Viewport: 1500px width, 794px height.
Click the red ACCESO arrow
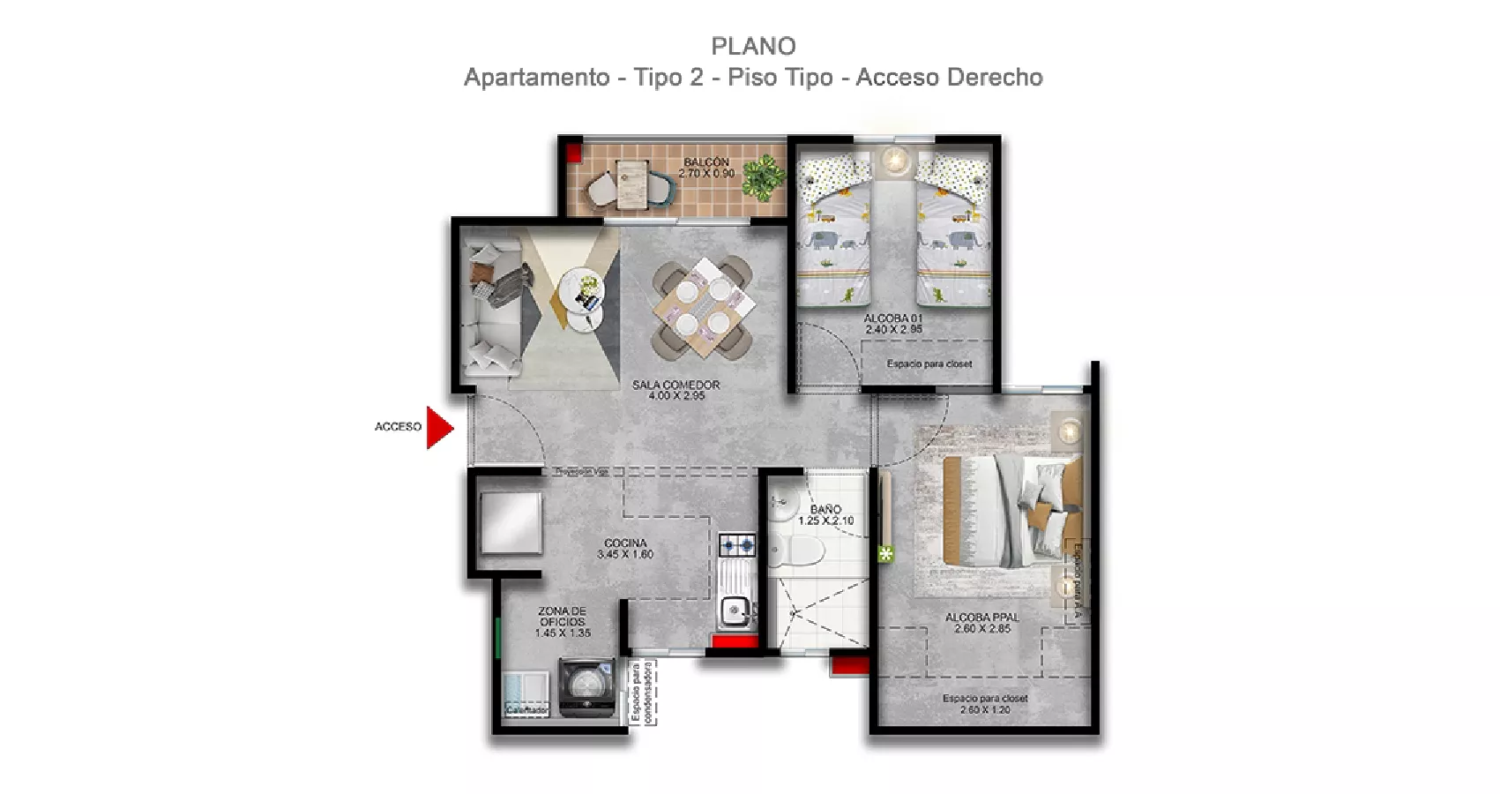[438, 428]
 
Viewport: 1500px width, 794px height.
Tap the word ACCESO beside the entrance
[398, 427]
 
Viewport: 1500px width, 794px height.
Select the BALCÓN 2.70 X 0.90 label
[706, 168]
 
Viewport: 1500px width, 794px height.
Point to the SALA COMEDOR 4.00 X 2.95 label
[676, 391]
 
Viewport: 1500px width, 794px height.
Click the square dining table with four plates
[703, 307]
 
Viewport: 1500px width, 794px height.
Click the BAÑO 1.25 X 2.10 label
[825, 515]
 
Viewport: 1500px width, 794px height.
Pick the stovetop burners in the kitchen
[736, 545]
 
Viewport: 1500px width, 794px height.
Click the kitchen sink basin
[735, 609]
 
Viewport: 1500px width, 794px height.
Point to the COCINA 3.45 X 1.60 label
[625, 549]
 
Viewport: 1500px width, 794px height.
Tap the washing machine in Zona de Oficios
[586, 688]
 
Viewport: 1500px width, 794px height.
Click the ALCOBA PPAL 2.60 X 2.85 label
[981, 623]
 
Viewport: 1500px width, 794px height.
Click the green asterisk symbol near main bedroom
[885, 554]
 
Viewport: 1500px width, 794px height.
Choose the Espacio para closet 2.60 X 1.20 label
[984, 703]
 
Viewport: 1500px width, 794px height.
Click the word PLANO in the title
[753, 46]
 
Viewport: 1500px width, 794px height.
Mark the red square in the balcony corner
[573, 153]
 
